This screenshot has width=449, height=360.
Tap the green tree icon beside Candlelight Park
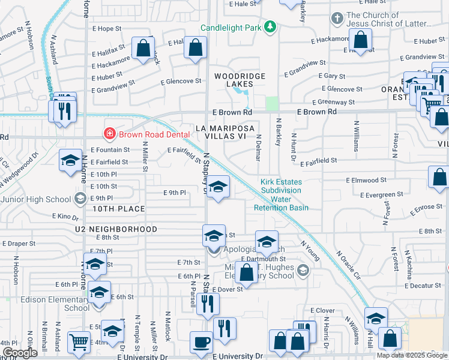271,26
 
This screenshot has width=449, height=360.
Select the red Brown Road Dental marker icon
109,133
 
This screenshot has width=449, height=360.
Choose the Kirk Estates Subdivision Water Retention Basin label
281,195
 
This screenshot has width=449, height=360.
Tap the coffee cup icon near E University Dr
202,343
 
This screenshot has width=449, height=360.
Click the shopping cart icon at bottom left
79,343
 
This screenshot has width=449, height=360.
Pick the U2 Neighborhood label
116,229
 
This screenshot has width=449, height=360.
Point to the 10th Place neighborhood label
119,209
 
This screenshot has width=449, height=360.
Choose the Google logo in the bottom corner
20,353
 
